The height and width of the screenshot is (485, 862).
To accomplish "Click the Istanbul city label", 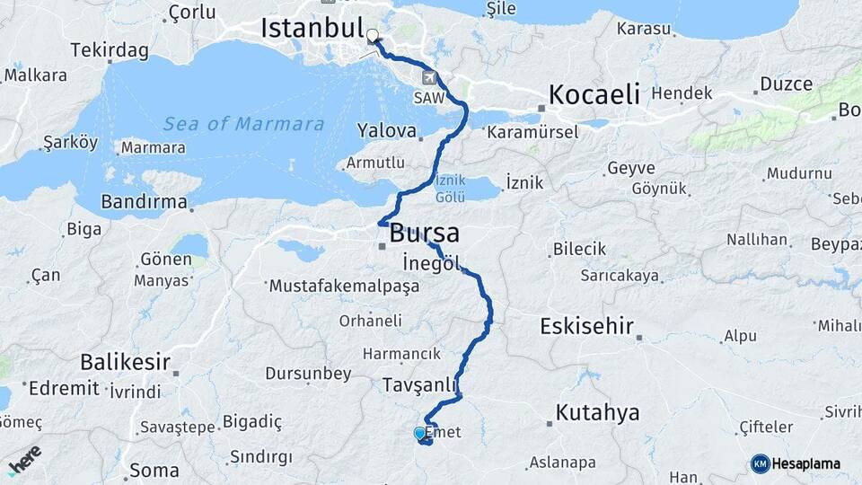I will (x=312, y=27).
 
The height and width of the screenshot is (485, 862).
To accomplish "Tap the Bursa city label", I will (x=424, y=234).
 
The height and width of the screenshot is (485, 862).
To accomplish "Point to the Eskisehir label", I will (x=586, y=326).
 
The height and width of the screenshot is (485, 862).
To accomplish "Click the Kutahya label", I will (x=597, y=413).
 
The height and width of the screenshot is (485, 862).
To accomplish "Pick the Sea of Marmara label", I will (x=243, y=124).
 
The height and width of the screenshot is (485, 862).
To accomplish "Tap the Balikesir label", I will (x=125, y=363).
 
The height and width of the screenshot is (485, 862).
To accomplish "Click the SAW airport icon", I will (x=428, y=79).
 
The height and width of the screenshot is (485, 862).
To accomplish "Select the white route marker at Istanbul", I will (x=373, y=37).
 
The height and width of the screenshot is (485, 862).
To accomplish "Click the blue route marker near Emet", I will (x=419, y=434).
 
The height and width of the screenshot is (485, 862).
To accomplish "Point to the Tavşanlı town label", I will (x=420, y=384).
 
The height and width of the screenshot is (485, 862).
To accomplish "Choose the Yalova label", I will (x=387, y=131).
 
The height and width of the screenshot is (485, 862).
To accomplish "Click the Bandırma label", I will (x=144, y=202).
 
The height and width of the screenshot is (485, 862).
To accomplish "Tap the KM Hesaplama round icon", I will (x=760, y=463).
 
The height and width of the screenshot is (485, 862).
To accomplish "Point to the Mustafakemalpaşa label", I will (x=344, y=287).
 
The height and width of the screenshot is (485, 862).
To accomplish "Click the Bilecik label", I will (x=579, y=249).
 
